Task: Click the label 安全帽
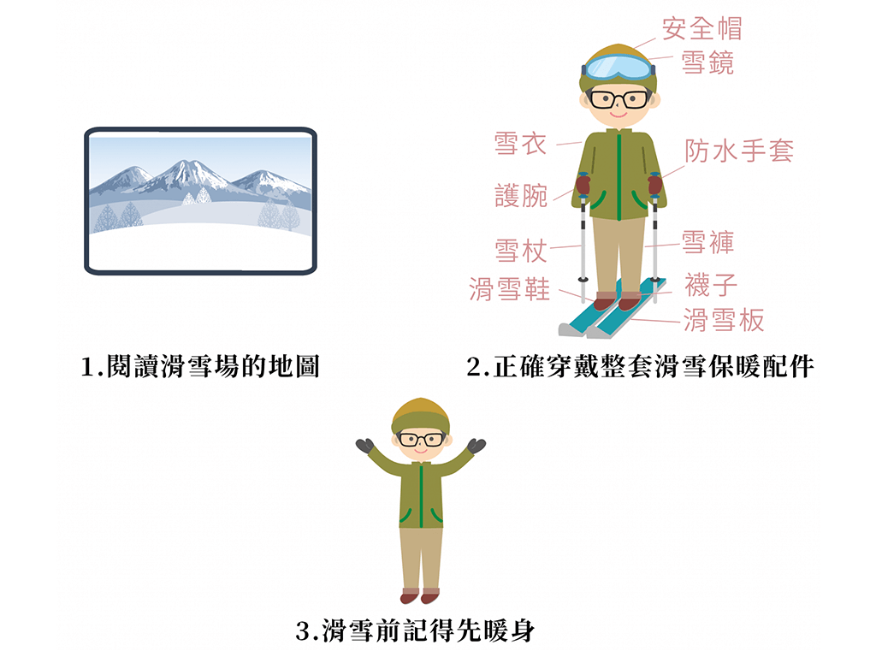tap(702, 28)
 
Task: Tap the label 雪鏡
tap(707, 62)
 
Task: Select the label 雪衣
tap(520, 144)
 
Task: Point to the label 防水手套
tap(739, 151)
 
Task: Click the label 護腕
tap(521, 196)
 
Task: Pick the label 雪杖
tap(521, 250)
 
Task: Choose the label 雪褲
tap(707, 242)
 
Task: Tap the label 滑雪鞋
tap(509, 289)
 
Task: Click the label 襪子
tap(711, 285)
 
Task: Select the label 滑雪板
tap(724, 320)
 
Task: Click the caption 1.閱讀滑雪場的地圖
tap(200, 366)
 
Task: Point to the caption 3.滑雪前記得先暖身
tap(415, 630)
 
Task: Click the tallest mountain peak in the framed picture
tap(186, 163)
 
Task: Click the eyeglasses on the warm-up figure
tap(421, 439)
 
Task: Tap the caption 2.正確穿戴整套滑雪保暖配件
tap(640, 366)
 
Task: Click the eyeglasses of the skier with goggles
tap(619, 99)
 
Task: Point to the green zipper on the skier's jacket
tap(619, 176)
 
